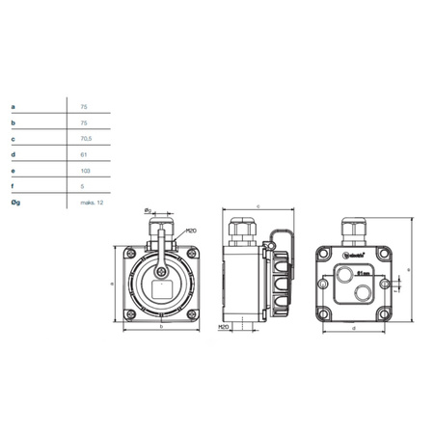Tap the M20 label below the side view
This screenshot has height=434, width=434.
pos(224,327)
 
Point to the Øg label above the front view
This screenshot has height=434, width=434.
pos(147,210)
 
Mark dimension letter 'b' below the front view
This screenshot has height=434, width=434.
pos(160,328)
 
